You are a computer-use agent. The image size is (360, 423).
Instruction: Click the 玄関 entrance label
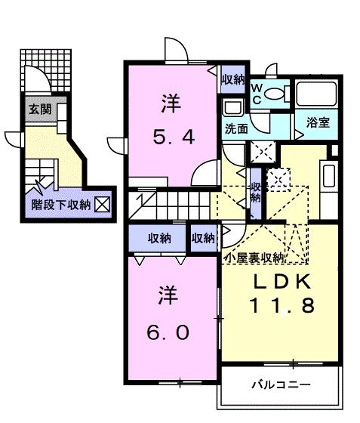point(40,110)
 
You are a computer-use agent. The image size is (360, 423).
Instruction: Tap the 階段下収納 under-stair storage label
point(60,205)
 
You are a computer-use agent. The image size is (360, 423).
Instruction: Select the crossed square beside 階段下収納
point(102,205)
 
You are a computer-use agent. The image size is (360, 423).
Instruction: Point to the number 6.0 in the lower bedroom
point(168,332)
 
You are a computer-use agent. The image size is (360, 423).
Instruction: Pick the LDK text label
point(282,281)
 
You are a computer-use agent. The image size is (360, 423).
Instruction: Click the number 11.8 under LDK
point(282,305)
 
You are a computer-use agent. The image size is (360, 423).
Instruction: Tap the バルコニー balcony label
point(281,384)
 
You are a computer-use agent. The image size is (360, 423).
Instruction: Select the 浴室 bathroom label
point(318,122)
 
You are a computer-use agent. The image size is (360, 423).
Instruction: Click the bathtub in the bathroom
point(316,94)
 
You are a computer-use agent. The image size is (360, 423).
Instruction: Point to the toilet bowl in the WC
point(274,94)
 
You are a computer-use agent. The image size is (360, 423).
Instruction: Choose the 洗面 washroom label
point(236,129)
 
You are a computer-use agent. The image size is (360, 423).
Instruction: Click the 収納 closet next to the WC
point(233,79)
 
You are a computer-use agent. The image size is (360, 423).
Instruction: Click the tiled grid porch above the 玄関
point(46,71)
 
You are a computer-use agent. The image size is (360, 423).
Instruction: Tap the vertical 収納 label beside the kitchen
point(256,193)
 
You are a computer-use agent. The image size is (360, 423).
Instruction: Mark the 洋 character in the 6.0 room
point(168,295)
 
